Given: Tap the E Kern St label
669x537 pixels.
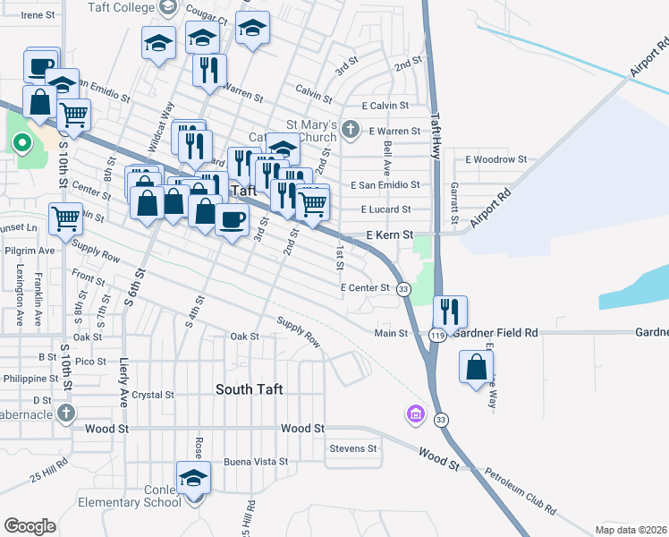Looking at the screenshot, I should (x=388, y=234).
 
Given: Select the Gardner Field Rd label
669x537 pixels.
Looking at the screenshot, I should (x=495, y=333).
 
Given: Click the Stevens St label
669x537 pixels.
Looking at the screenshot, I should (x=353, y=447).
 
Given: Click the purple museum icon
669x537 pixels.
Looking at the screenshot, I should (x=414, y=414).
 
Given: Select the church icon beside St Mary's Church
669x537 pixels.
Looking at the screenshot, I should (x=351, y=131).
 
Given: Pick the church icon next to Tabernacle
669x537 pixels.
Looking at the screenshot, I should (x=65, y=413).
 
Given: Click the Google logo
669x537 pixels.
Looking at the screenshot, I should (x=30, y=526).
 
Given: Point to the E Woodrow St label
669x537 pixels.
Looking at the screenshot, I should (x=496, y=159).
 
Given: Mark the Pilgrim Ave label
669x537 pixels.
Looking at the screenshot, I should (x=30, y=251).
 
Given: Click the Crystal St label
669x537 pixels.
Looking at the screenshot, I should (x=152, y=395).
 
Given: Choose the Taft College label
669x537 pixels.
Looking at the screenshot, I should (x=121, y=7).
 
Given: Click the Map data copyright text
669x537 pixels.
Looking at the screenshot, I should (x=631, y=529).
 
